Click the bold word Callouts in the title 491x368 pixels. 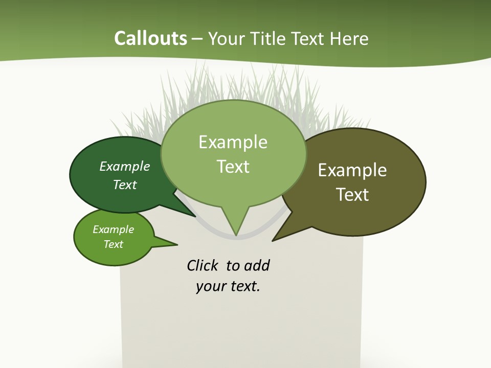click(x=150, y=39)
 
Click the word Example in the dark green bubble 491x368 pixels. click(x=125, y=166)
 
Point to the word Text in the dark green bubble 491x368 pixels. click(x=125, y=185)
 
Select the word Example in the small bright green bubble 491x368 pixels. click(x=114, y=229)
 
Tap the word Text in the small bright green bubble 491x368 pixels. click(x=114, y=244)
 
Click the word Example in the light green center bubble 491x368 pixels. click(x=233, y=142)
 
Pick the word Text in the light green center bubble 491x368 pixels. click(x=233, y=167)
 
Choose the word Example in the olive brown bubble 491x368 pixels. click(x=352, y=170)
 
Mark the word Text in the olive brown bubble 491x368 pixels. click(x=352, y=195)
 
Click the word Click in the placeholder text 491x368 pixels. click(x=202, y=266)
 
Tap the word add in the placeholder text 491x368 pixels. click(x=256, y=266)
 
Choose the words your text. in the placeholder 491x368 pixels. click(x=228, y=286)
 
